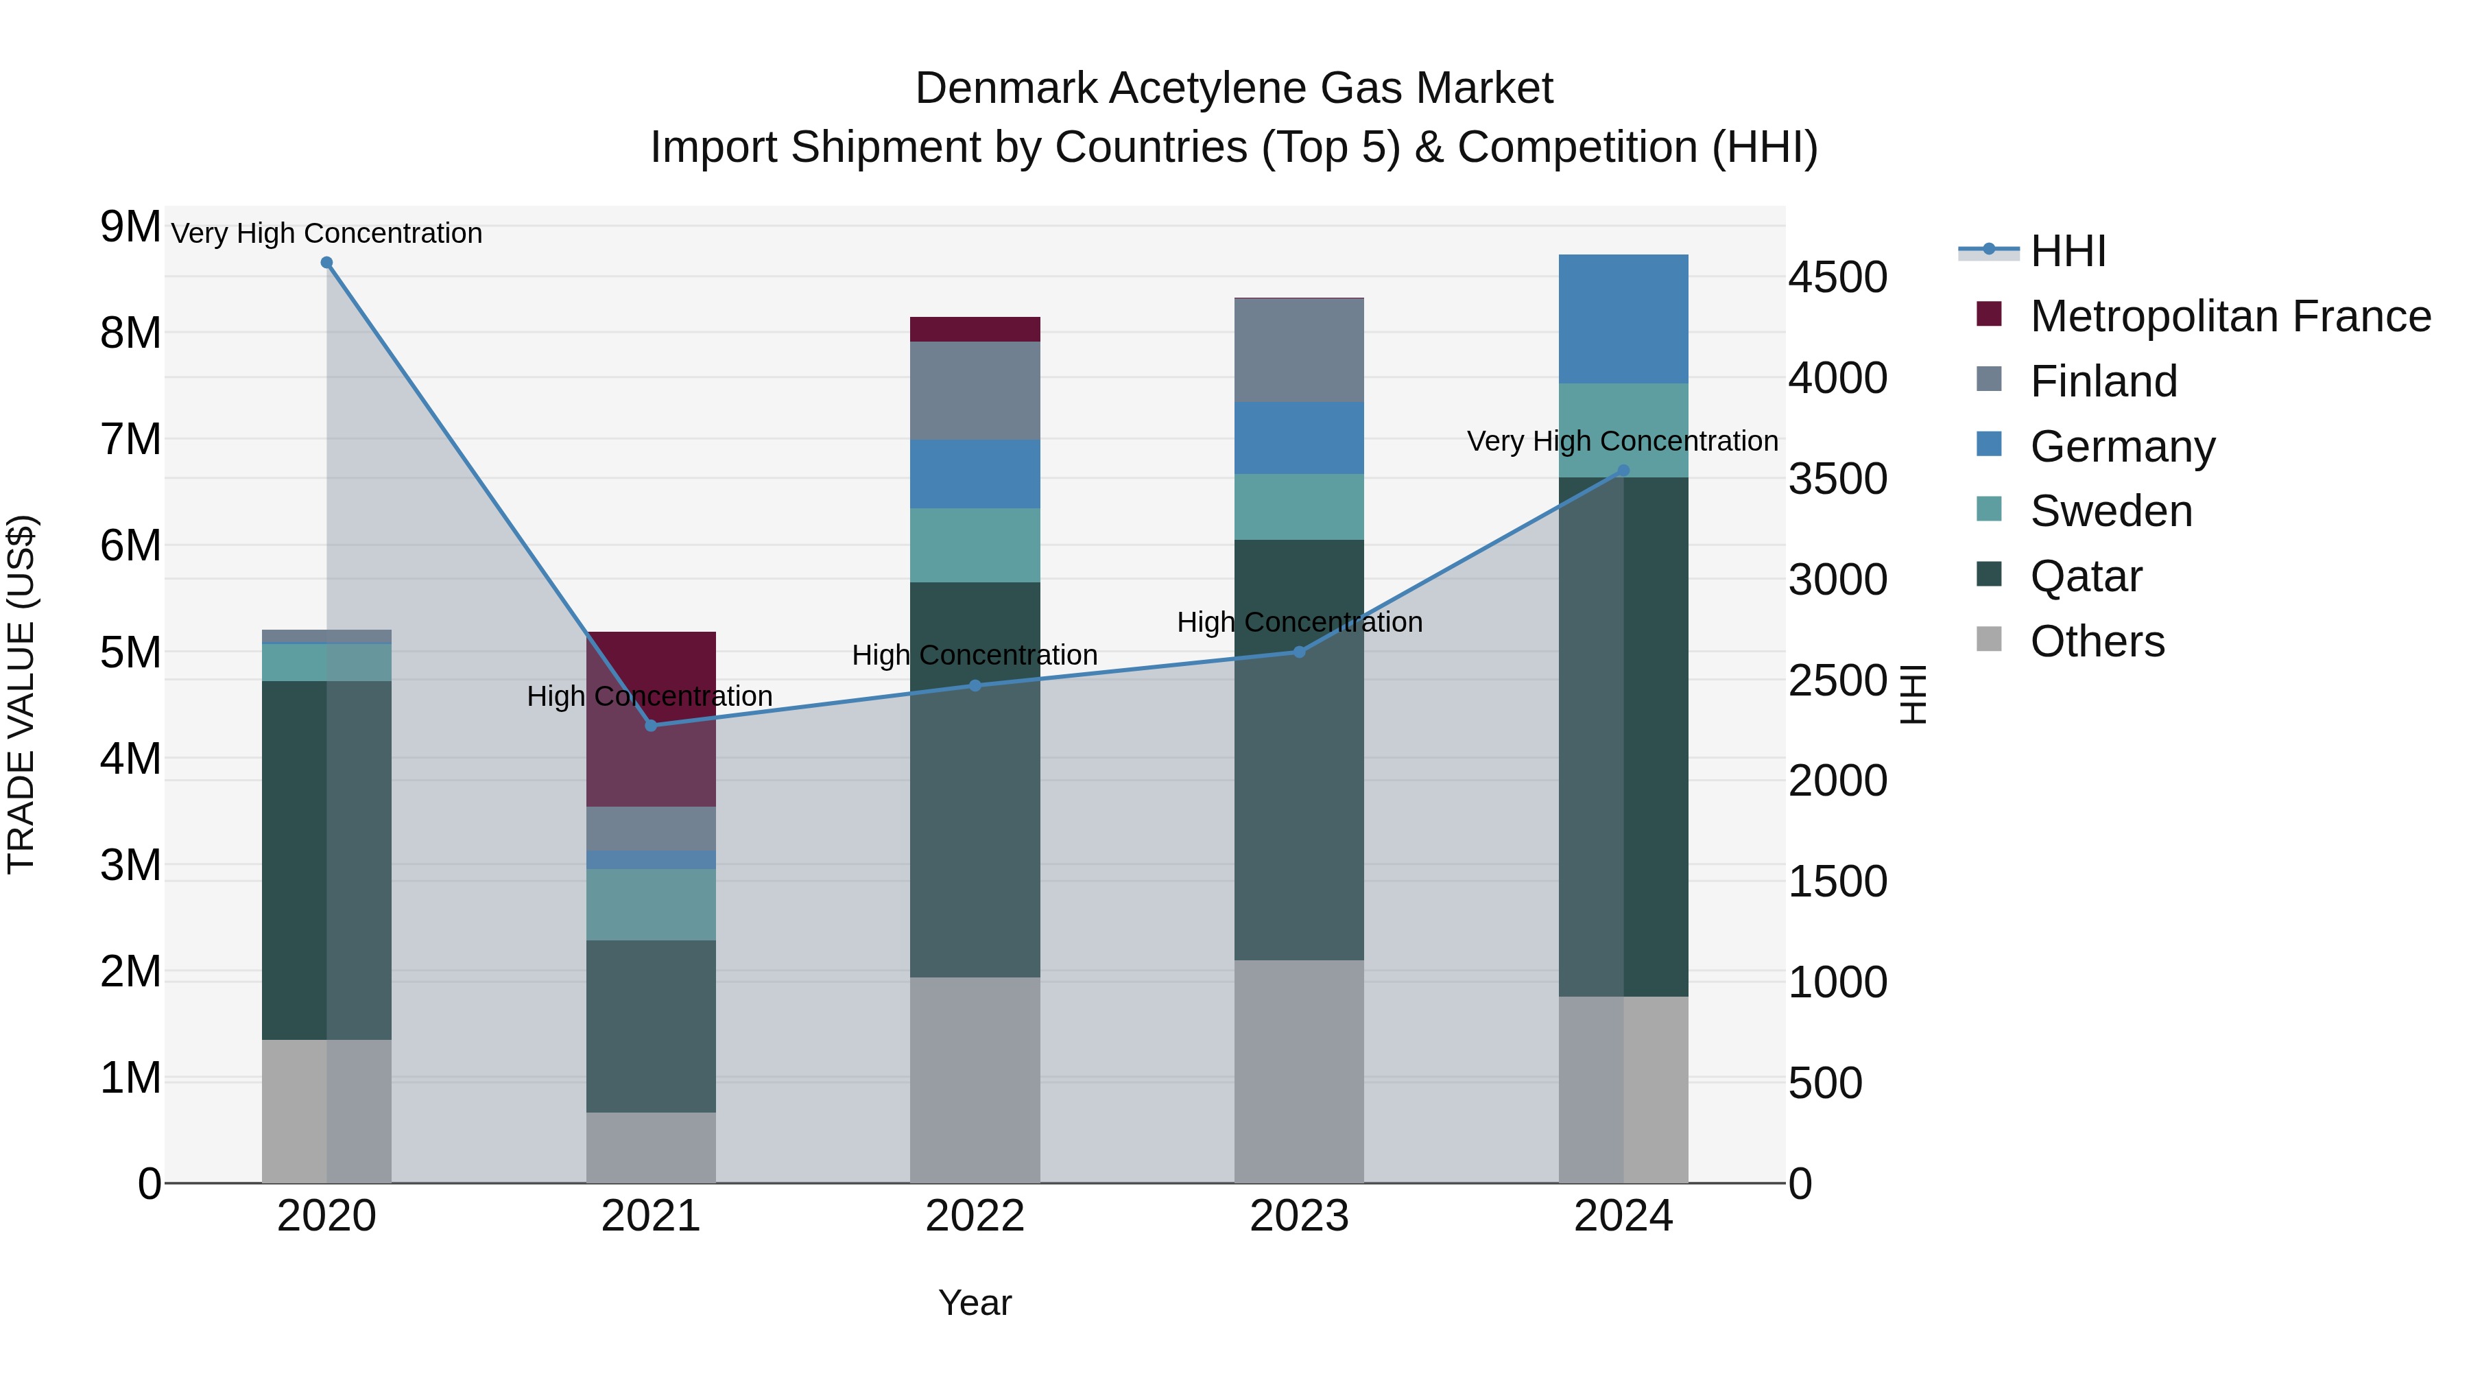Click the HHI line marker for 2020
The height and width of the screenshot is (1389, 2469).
[327, 263]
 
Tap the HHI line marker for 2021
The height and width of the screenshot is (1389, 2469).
[651, 726]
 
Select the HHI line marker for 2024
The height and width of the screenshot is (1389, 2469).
[1623, 471]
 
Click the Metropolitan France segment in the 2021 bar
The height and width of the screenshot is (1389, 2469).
[651, 719]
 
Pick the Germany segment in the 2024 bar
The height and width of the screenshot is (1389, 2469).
[1623, 319]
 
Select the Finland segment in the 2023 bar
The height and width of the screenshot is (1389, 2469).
[1299, 350]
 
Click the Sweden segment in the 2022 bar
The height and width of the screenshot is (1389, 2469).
[975, 545]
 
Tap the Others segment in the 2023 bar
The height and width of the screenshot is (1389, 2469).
[1299, 1071]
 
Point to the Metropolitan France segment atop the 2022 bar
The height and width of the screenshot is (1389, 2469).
[975, 329]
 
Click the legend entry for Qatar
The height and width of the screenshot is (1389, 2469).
[2086, 576]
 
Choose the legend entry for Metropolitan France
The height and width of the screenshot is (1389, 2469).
[2230, 316]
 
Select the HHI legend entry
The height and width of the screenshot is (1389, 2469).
[2067, 251]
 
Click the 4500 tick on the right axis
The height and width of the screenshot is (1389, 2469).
[1837, 277]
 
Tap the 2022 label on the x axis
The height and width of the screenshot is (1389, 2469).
[975, 1216]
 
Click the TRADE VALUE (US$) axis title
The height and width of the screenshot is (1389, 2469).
[21, 694]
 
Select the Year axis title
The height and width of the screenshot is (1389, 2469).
[975, 1303]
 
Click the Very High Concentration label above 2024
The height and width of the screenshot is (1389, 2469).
[1623, 441]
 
